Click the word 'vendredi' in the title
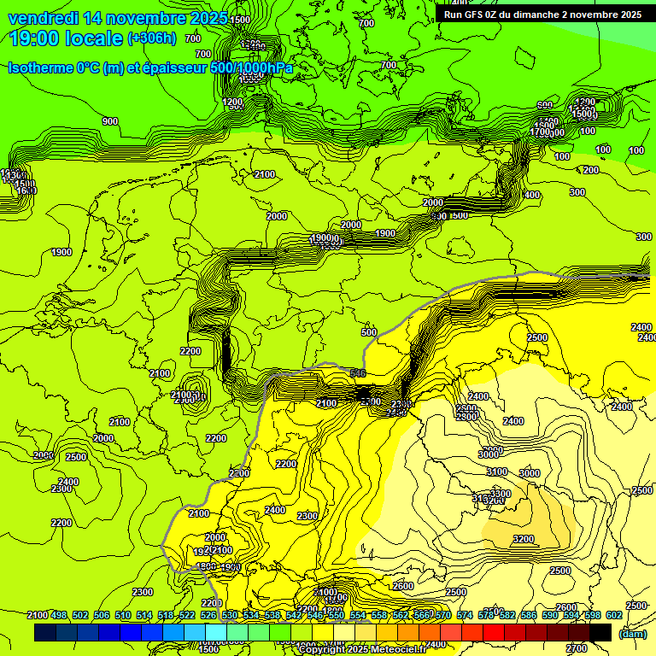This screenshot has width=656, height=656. click(x=42, y=18)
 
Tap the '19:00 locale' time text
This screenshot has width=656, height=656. click(x=65, y=38)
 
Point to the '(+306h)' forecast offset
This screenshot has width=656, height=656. click(x=151, y=38)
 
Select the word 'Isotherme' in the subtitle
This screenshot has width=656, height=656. click(x=43, y=68)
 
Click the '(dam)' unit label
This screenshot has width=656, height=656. click(x=632, y=633)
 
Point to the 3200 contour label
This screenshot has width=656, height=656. click(x=524, y=539)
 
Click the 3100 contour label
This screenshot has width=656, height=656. click(x=497, y=471)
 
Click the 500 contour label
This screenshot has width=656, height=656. click(x=369, y=332)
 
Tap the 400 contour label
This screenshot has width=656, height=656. click(x=531, y=196)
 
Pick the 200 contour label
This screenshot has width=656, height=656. click(x=591, y=170)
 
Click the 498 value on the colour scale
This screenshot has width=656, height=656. click(x=59, y=616)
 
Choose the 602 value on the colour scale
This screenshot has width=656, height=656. click(x=612, y=616)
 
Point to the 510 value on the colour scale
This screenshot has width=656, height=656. click(x=123, y=616)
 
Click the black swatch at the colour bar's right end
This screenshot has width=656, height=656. click(x=600, y=632)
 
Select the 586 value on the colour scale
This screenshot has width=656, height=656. click(x=529, y=616)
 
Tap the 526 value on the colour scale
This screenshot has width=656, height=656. click(x=208, y=616)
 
